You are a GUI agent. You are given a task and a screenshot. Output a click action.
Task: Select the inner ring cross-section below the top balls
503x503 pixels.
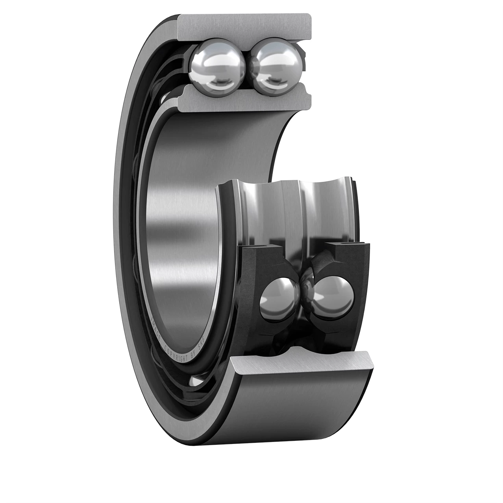click(x=244, y=98)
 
